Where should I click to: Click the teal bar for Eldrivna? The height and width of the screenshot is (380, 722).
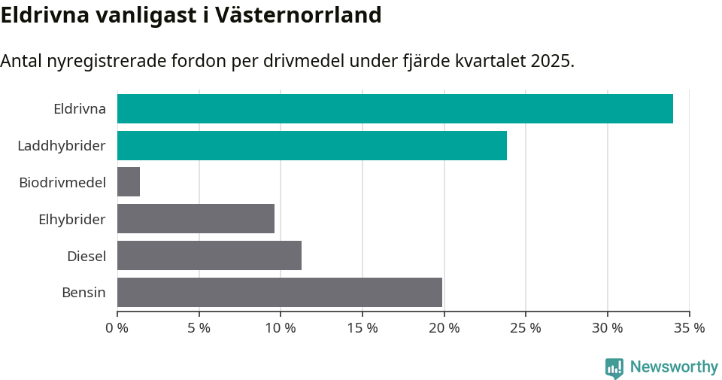point(395,108)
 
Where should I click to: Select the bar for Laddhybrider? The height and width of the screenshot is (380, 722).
point(312,145)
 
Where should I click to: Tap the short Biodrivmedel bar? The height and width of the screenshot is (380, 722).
point(129,182)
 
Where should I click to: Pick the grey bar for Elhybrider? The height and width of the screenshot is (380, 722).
point(196,219)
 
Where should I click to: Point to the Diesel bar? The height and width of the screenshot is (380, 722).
point(209,256)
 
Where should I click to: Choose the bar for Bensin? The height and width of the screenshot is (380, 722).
point(280,292)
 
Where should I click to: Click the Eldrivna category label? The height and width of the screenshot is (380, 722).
point(79,108)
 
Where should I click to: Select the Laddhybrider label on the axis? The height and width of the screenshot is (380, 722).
point(62,145)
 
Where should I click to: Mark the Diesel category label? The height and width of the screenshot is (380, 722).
point(86,256)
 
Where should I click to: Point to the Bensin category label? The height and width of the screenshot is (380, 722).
point(83,292)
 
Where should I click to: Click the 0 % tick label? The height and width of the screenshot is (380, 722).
point(117,328)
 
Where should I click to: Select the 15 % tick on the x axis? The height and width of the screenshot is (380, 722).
point(363,328)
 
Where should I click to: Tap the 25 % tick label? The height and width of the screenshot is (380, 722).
point(526,328)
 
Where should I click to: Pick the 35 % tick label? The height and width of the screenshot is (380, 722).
point(689,328)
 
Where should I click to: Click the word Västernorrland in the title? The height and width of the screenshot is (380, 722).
point(299,15)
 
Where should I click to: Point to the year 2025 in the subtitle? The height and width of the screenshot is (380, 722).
point(551,61)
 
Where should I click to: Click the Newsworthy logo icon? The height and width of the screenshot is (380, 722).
point(614,367)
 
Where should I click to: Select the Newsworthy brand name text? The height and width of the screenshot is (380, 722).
point(674,367)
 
